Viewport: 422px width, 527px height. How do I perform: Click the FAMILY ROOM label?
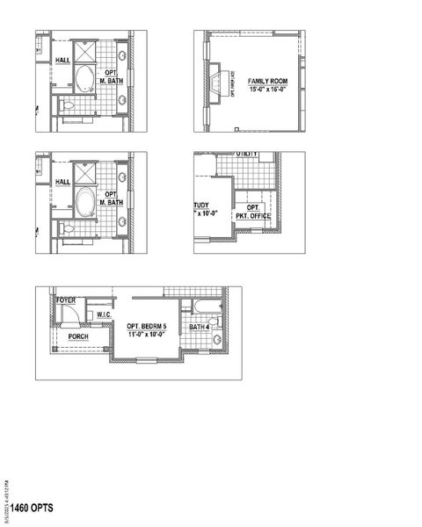266,79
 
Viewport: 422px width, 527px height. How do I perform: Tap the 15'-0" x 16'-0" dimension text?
266,88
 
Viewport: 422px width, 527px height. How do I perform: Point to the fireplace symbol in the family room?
218,81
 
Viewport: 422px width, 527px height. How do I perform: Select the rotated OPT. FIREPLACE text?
232,83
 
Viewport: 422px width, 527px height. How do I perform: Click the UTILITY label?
247,155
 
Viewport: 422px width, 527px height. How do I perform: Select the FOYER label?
67,300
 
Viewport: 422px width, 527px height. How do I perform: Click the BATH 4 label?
200,327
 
